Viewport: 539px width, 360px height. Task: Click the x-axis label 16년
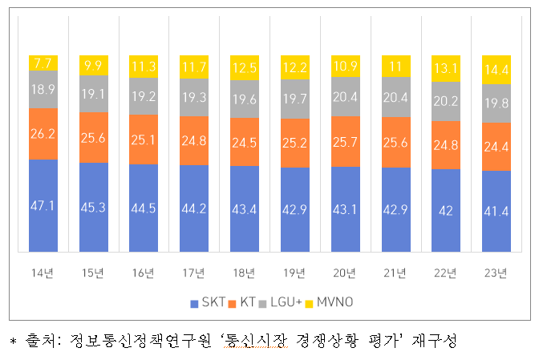tap(144, 273)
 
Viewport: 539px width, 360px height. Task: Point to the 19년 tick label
tap(294, 273)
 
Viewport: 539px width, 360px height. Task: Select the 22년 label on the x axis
tap(446, 273)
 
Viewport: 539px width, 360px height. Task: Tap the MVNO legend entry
tap(332, 303)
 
